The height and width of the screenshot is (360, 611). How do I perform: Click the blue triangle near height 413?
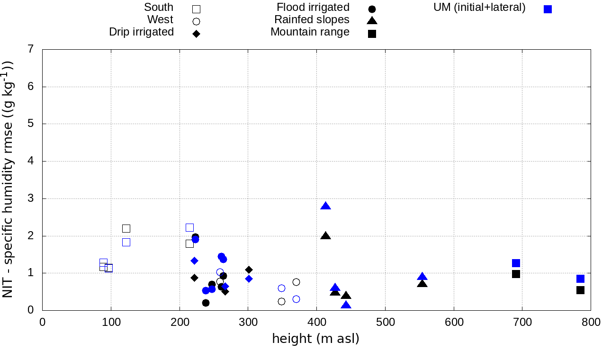(x=325, y=206)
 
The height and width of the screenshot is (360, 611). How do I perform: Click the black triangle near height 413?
(x=325, y=236)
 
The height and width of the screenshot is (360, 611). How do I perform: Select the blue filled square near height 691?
(x=516, y=263)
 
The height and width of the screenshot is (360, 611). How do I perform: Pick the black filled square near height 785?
(x=580, y=290)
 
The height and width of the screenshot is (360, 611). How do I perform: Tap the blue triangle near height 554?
(x=422, y=277)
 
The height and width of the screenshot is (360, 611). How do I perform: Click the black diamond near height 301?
(x=249, y=270)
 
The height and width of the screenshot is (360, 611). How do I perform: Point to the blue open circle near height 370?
(x=296, y=299)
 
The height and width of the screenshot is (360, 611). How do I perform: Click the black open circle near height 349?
(x=281, y=301)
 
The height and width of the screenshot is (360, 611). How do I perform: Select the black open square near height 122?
(x=126, y=228)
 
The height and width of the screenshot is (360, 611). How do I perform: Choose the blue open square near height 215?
(x=189, y=227)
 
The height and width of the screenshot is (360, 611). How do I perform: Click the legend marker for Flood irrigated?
(x=372, y=9)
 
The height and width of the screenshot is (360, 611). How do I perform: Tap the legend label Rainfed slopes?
(x=312, y=20)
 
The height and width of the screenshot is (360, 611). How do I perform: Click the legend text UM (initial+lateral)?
(x=479, y=8)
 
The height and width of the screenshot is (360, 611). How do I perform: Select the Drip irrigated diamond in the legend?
(x=196, y=34)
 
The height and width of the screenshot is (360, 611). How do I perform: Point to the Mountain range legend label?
(x=310, y=32)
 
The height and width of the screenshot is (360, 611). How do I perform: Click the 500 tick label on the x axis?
(x=385, y=323)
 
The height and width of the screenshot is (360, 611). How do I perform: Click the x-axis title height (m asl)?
(x=315, y=339)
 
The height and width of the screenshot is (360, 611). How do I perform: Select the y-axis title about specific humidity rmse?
(x=8, y=180)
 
